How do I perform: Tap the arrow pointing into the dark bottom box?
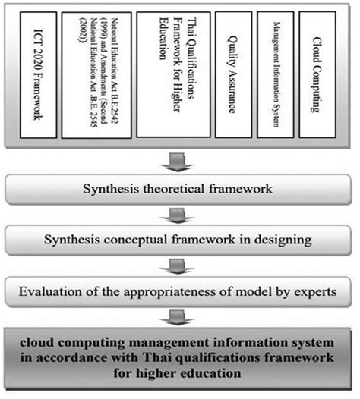click(181, 317)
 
